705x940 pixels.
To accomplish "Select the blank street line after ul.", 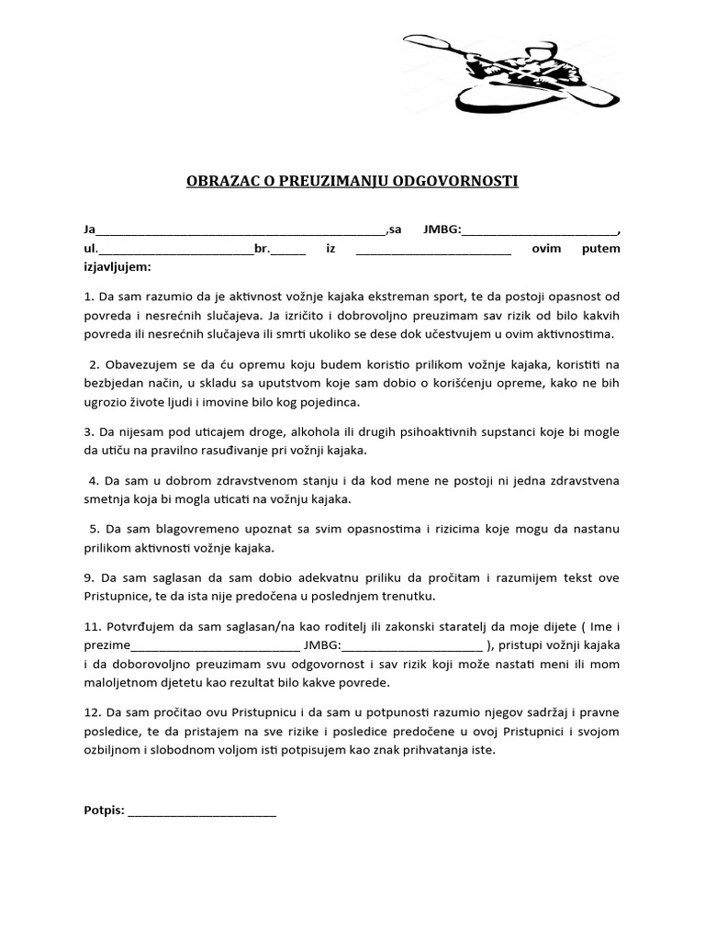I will coord(175,249).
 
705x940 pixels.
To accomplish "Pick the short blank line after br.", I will coord(288,249).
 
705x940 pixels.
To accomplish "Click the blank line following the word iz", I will coord(432,249).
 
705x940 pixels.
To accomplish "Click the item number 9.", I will coord(87,578).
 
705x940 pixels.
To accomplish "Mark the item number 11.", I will coord(90,626).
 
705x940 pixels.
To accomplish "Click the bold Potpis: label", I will coord(104,811).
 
